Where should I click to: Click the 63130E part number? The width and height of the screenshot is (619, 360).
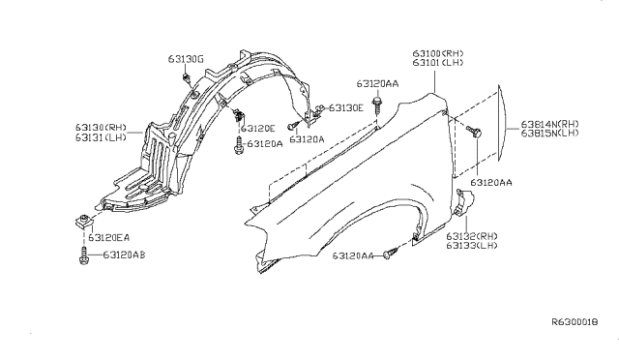(x=346, y=107)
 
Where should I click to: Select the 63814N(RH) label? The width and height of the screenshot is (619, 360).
(x=550, y=125)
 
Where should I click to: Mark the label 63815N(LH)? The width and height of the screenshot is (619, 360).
(x=550, y=135)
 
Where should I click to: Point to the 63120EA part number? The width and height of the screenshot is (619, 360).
(x=108, y=237)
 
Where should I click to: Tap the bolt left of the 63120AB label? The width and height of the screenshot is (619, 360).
(x=84, y=255)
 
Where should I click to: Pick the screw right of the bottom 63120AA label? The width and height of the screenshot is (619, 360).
(x=389, y=254)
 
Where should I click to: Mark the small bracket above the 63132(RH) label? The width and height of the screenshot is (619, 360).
(x=463, y=202)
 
